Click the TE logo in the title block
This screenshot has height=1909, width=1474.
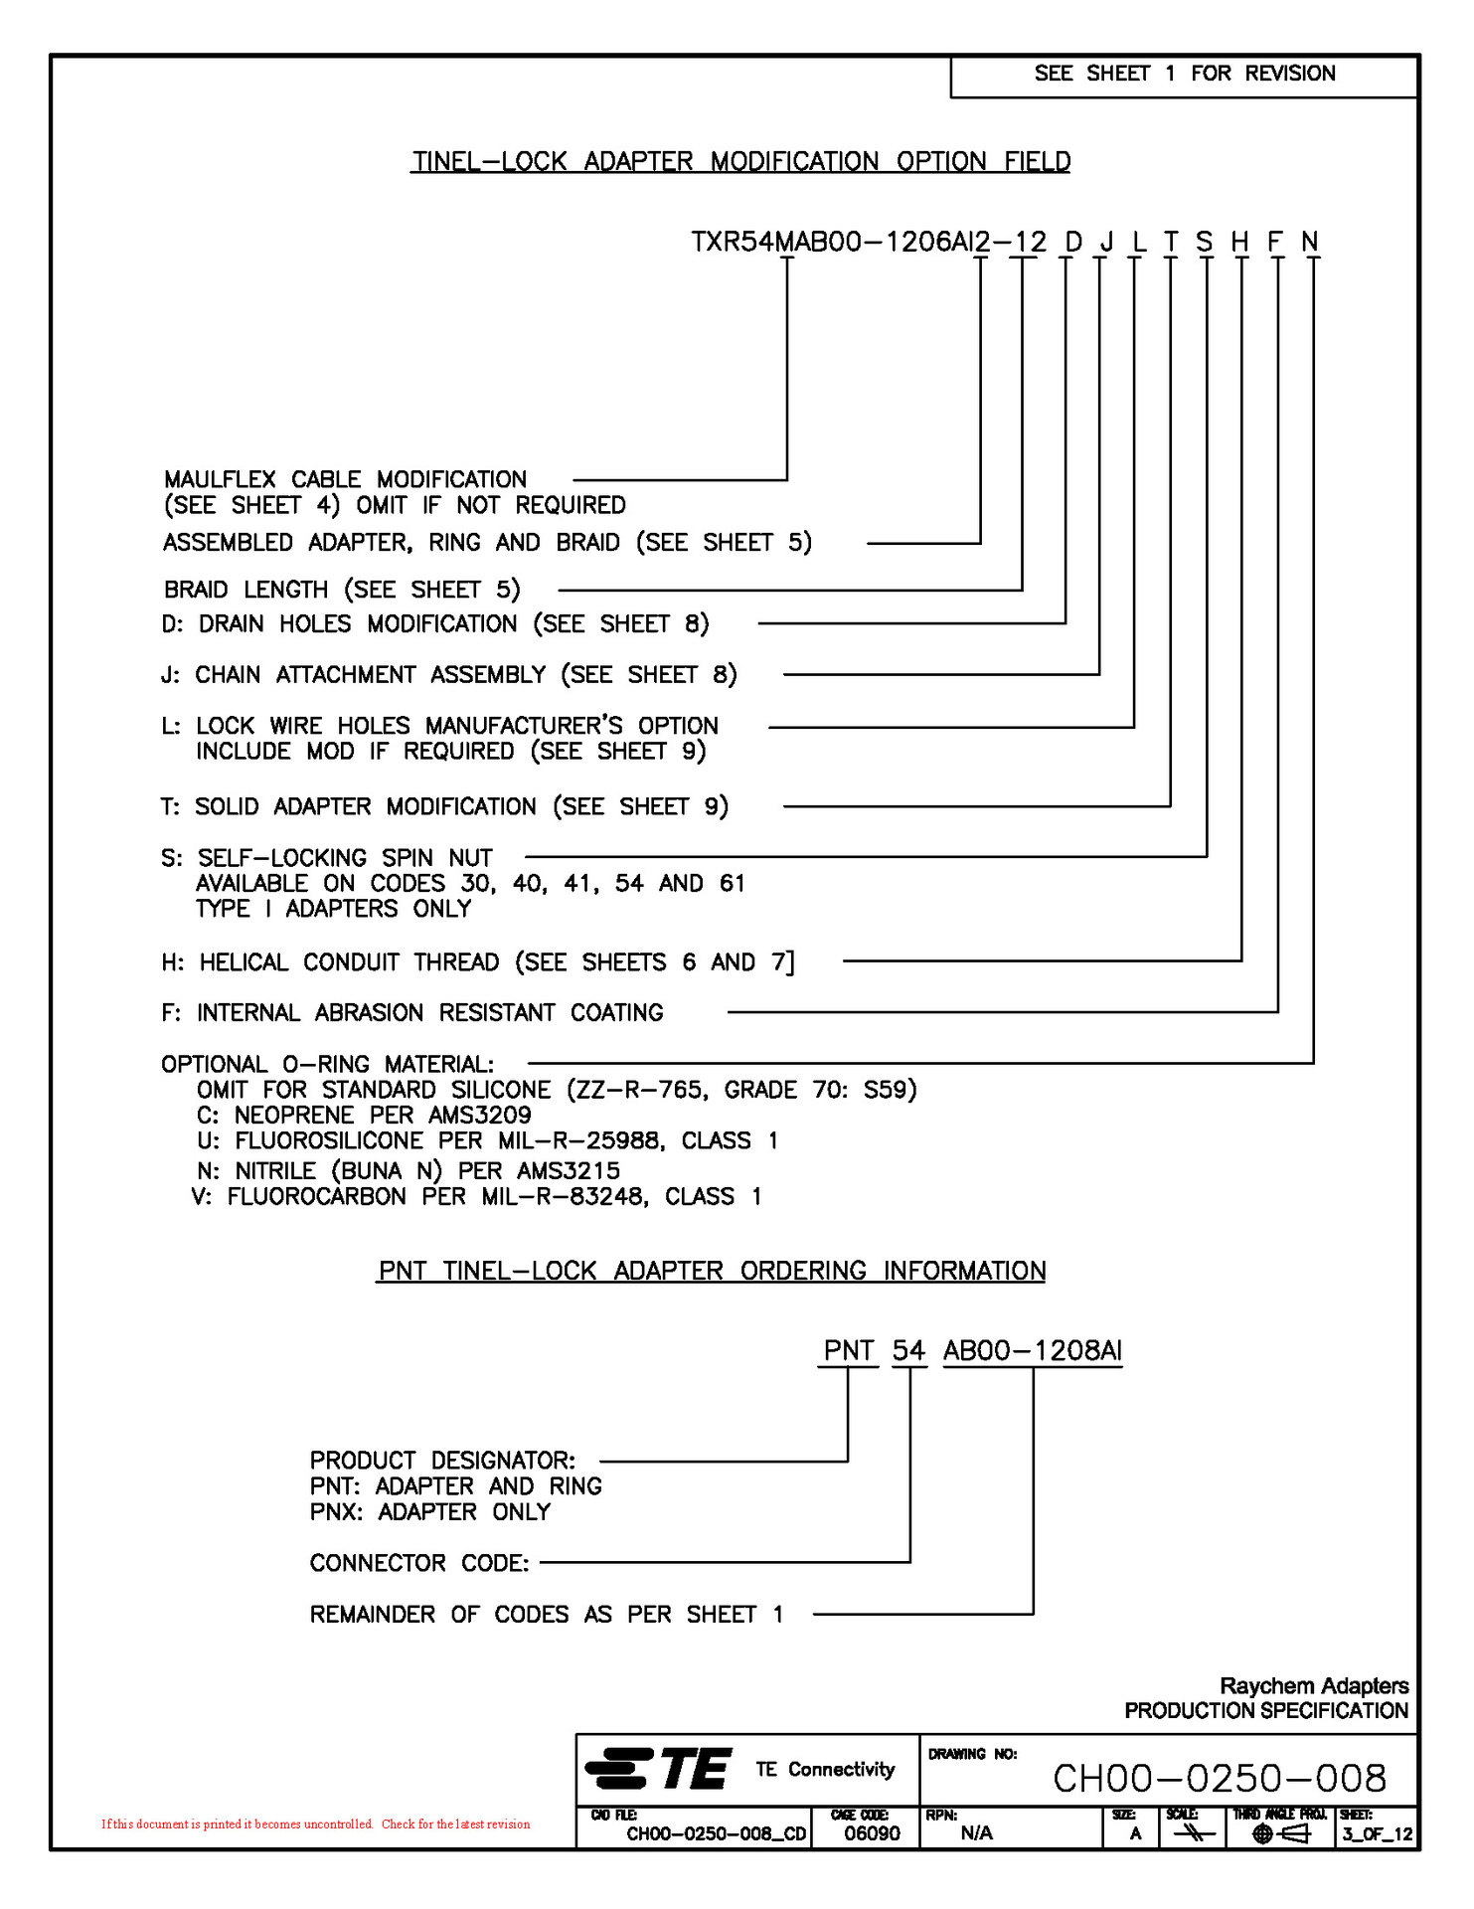658,1769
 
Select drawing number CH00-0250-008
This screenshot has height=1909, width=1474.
1219,1779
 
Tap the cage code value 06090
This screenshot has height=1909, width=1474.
872,1833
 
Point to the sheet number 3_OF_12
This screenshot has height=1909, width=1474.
1377,1834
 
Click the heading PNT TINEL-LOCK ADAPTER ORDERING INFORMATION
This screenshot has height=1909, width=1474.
711,1271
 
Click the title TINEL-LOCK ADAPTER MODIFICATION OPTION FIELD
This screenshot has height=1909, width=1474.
740,161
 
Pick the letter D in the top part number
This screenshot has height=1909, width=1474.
1072,242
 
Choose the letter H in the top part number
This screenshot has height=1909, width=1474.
1239,242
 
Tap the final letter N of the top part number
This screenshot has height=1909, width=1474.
1310,242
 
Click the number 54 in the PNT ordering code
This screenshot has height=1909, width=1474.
908,1350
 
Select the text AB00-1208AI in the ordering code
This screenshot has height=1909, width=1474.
1033,1350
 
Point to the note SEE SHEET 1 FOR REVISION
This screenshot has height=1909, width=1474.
1184,74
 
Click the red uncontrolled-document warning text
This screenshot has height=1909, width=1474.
315,1824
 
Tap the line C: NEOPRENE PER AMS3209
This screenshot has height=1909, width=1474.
364,1115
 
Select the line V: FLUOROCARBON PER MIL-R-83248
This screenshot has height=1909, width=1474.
476,1196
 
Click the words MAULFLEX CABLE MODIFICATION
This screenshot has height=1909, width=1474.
345,479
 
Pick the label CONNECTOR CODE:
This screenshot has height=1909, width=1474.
419,1563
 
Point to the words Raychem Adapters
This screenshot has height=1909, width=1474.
1313,1686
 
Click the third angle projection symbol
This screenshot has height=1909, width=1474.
1280,1834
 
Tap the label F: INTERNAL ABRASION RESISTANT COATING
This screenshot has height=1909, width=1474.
412,1012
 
